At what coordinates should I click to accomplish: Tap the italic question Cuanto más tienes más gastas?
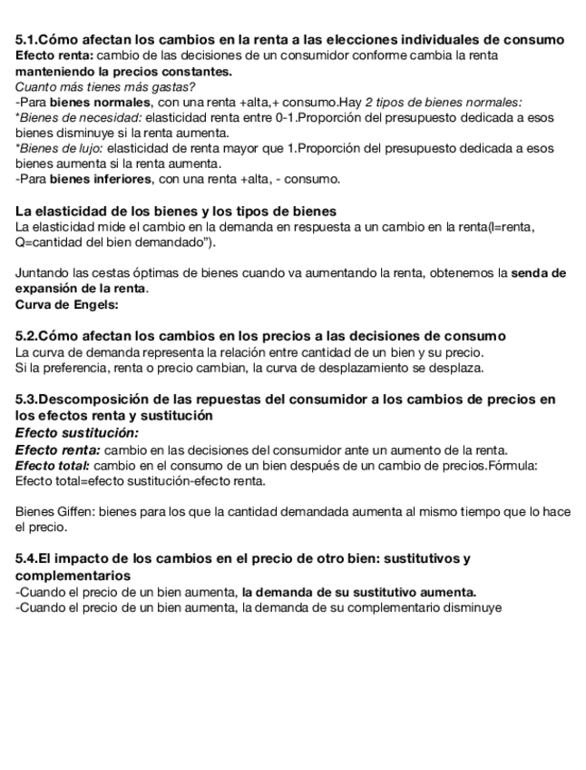point(104,87)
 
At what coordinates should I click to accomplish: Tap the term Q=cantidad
point(49,242)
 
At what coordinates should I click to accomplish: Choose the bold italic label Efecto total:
point(53,465)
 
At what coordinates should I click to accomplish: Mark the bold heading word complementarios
point(73,576)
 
